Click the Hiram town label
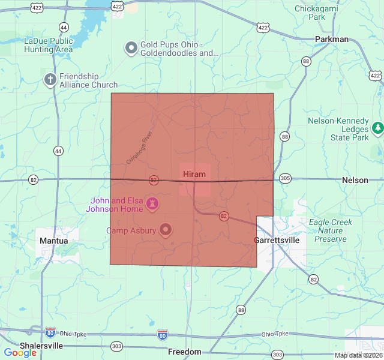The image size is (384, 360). (194, 174)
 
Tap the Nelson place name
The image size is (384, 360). (355, 180)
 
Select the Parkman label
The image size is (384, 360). (332, 39)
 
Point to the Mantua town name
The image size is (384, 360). (54, 241)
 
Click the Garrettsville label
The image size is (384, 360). (277, 240)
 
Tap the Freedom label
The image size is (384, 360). (185, 352)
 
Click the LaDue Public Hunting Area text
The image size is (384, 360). (48, 46)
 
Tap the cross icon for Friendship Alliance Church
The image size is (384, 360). (50, 80)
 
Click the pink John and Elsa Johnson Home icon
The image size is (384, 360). (153, 205)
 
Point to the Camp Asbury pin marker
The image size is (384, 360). (165, 230)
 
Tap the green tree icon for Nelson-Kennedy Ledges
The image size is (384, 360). (377, 128)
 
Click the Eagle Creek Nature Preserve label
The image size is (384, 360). (331, 230)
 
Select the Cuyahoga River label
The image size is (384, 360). (140, 148)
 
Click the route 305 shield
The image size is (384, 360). (285, 178)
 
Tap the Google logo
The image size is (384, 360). (20, 353)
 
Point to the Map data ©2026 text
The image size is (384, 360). (358, 355)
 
